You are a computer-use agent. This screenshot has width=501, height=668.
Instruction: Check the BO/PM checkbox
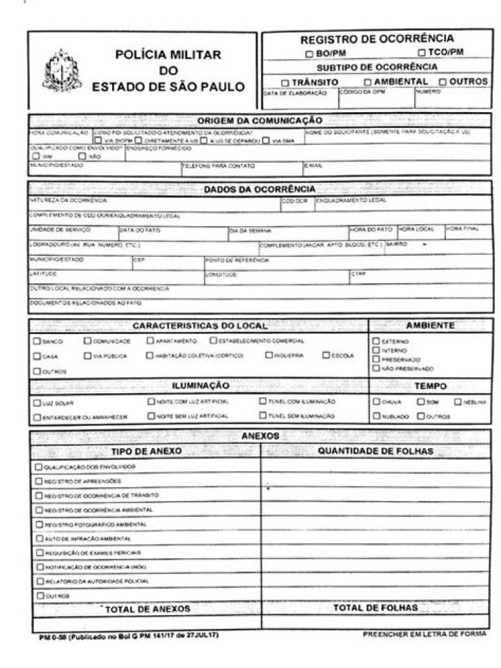(x=309, y=53)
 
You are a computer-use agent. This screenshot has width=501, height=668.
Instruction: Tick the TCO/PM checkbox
(x=422, y=53)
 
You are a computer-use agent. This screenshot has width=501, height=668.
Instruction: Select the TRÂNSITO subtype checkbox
(x=284, y=82)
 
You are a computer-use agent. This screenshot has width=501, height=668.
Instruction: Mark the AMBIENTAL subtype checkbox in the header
(x=367, y=82)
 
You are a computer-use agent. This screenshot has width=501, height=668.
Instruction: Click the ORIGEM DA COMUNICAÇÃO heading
(x=259, y=120)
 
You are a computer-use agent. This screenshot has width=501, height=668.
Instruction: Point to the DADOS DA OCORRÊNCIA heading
(x=259, y=189)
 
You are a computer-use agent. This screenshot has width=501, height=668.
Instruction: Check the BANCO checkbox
(x=36, y=341)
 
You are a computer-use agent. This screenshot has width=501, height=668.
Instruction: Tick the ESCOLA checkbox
(x=326, y=356)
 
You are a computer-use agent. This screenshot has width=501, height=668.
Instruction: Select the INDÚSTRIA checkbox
(x=269, y=356)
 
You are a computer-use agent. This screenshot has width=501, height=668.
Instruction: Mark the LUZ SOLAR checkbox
(x=36, y=402)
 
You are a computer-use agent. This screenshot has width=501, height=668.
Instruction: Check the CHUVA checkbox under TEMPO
(x=376, y=401)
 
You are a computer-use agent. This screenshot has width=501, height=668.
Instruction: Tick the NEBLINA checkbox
(x=458, y=401)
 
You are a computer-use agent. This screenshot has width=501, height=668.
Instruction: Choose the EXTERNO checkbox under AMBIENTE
(x=376, y=341)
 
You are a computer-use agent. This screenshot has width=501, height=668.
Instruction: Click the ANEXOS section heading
(x=259, y=436)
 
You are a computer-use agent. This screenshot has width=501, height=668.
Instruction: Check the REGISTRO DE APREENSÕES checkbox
(x=39, y=481)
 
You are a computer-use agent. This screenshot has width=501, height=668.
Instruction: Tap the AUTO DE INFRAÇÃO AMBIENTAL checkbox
(x=39, y=538)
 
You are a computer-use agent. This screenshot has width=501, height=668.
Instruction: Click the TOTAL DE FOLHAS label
(x=375, y=607)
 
